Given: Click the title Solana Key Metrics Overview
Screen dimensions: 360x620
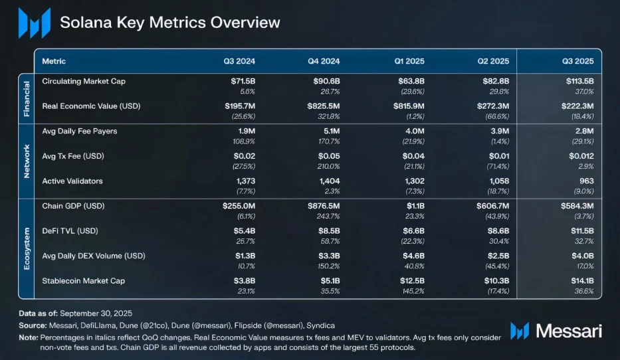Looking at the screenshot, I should [x=169, y=22].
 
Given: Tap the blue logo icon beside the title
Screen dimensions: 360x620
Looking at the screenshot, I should [x=34, y=23].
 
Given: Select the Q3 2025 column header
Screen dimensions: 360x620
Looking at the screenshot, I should [x=575, y=61].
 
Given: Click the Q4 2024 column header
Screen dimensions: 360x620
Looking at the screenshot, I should [x=324, y=61].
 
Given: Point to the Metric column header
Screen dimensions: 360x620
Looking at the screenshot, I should [x=54, y=61].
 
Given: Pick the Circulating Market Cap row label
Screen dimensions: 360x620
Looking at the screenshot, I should [x=83, y=81].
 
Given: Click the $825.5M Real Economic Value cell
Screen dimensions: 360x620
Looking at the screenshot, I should [x=322, y=106].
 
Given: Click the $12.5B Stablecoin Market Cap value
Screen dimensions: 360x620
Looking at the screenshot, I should [x=410, y=280].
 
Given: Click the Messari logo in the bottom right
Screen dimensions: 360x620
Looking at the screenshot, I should [x=558, y=331].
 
